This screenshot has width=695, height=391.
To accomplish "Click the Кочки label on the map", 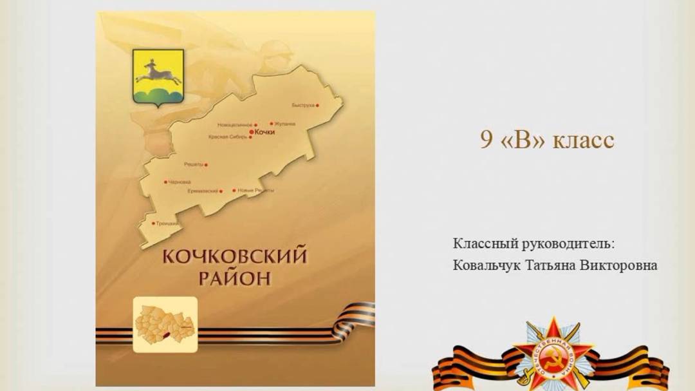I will coord(265,131).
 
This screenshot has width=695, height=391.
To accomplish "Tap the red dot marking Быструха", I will coord(317,105).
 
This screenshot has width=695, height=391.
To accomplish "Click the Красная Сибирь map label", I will coord(227,137).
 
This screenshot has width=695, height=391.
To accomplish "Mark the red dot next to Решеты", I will coord(206,165).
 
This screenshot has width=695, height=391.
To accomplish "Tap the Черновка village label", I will coord(180,182).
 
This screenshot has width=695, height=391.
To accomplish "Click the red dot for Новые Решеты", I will coord(234,191).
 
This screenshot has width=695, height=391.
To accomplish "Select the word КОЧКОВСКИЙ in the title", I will coord(234,256).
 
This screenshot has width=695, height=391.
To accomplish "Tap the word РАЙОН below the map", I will coord(234,278).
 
